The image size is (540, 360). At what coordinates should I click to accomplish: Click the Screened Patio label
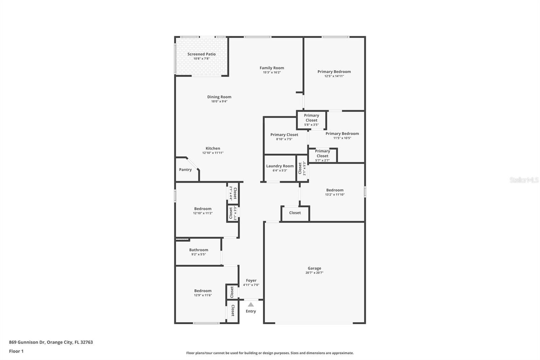tap(201, 54)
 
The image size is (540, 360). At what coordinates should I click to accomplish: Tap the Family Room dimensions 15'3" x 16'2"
tap(272, 72)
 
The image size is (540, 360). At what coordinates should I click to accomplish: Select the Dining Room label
tap(219, 97)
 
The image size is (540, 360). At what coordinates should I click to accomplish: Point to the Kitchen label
tap(213, 148)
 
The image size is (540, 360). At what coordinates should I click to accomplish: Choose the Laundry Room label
tap(280, 166)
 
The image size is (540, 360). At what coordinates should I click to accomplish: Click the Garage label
tap(314, 268)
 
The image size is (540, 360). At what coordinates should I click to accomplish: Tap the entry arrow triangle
tap(251, 304)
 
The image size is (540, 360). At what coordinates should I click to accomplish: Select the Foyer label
tap(251, 280)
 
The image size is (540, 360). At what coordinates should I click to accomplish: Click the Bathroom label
tap(198, 250)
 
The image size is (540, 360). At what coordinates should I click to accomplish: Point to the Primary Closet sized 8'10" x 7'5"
tap(284, 136)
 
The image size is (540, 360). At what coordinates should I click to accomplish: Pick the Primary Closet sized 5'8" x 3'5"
tap(311, 120)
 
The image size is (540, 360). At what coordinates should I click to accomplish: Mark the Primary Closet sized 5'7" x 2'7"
tap(322, 155)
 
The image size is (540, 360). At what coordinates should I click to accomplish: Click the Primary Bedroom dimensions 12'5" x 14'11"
tap(334, 76)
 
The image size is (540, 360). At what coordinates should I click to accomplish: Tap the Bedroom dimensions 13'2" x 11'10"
tap(334, 195)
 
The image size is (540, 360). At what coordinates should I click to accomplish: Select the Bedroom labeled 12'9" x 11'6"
tap(202, 292)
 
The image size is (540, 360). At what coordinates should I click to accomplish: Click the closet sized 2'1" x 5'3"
tap(302, 169)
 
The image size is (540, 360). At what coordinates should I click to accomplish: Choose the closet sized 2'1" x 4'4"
tap(233, 193)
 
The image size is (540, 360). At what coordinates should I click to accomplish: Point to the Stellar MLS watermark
tap(524, 180)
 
